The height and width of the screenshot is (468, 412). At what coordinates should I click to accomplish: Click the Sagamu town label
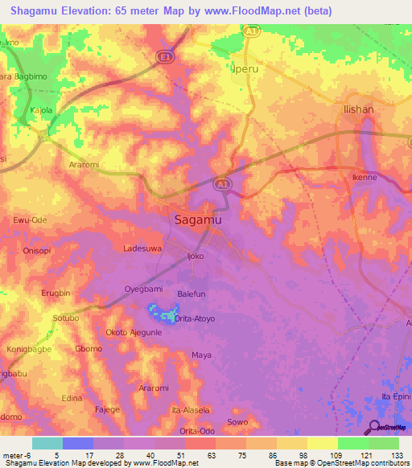pos(198,219)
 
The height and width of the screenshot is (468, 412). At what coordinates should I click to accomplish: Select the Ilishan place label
pos(358,109)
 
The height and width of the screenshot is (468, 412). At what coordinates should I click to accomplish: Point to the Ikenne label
pos(365,177)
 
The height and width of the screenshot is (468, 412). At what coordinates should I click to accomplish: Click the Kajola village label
pos(41,109)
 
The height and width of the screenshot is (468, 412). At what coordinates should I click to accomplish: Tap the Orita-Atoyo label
pos(196,318)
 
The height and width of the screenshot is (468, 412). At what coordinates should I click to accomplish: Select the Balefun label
pos(194,294)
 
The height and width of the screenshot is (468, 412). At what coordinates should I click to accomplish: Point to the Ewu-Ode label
pos(31,220)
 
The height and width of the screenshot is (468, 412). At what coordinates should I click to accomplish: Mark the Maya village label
pos(201,355)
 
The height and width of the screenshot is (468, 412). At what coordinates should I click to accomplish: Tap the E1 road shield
pos(163,56)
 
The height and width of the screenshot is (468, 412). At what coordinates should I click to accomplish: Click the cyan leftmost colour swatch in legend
pos(47,443)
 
